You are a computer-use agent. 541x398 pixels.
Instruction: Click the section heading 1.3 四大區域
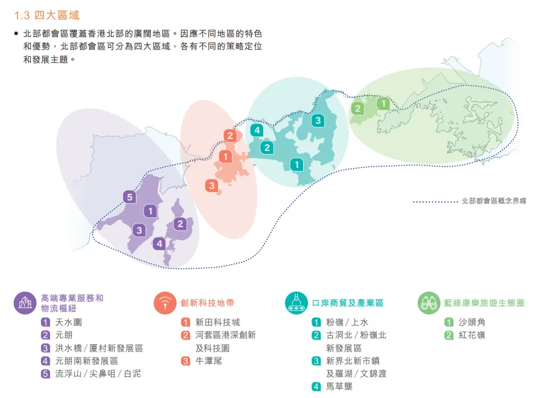pyautogui.click(x=47, y=15)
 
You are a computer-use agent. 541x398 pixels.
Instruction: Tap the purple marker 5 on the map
pyautogui.click(x=129, y=196)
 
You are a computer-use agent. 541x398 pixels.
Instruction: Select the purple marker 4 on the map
pyautogui.click(x=159, y=244)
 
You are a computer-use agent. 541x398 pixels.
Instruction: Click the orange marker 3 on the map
pyautogui.click(x=211, y=186)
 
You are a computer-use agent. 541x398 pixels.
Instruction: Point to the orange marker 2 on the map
pyautogui.click(x=230, y=135)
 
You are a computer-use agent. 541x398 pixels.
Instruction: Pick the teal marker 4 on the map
pyautogui.click(x=257, y=130)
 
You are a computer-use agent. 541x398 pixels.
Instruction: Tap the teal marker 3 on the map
pyautogui.click(x=317, y=121)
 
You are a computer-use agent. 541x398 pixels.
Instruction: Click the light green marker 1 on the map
pyautogui.click(x=383, y=104)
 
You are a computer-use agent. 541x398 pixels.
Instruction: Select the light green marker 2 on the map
pyautogui.click(x=358, y=109)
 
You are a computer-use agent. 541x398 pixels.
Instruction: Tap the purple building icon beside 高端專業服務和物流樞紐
pyautogui.click(x=25, y=303)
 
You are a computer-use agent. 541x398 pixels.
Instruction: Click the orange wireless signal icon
pyautogui.click(x=165, y=303)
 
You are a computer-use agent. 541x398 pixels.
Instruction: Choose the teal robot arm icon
pyautogui.click(x=296, y=303)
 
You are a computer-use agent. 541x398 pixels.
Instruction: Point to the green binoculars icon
pyautogui.click(x=429, y=303)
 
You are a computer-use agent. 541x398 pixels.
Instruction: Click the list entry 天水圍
pyautogui.click(x=68, y=323)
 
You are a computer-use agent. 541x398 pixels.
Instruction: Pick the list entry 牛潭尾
pyautogui.click(x=209, y=361)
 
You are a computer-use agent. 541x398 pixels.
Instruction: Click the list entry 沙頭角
pyautogui.click(x=472, y=323)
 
